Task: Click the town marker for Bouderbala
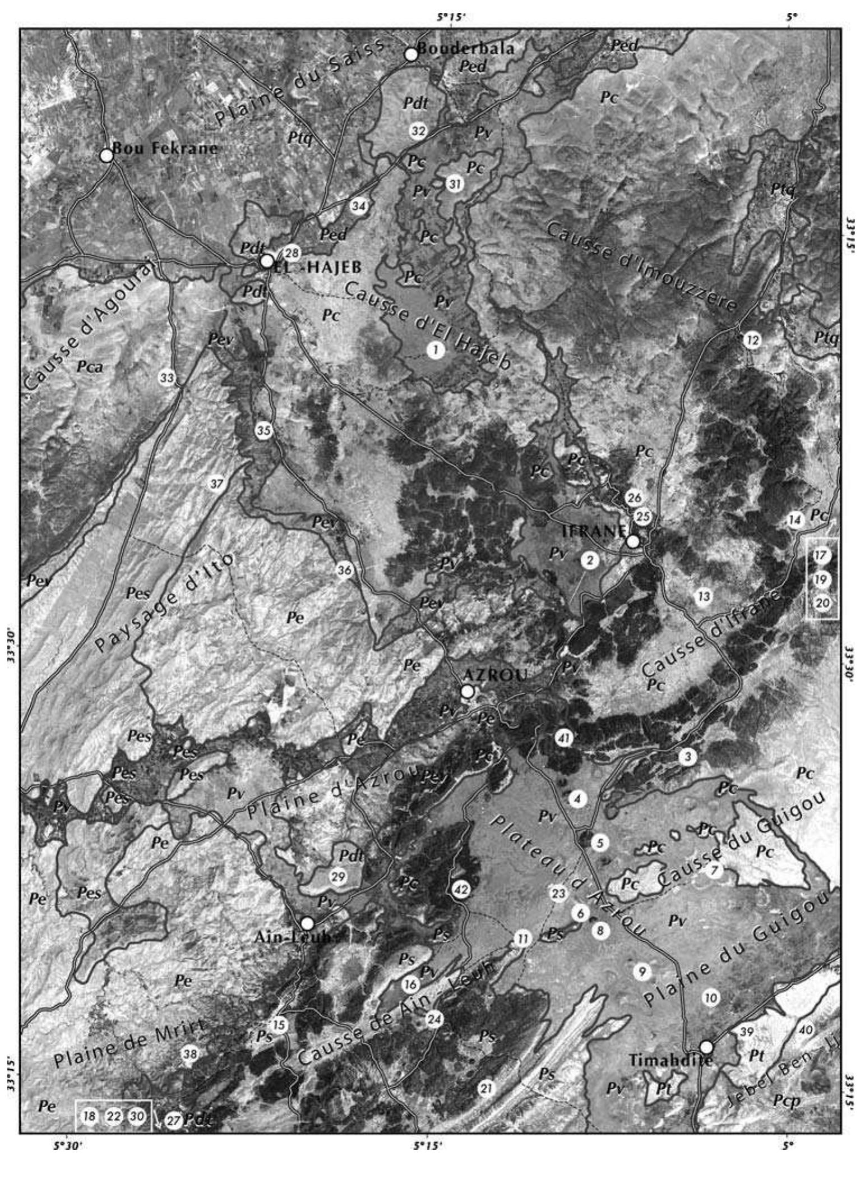(x=411, y=54)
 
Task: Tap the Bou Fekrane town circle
(x=106, y=155)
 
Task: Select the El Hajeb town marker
(x=267, y=261)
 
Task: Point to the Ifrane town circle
(x=632, y=541)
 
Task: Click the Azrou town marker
(x=467, y=692)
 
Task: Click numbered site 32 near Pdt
(x=418, y=131)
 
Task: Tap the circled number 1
(x=435, y=350)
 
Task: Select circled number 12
(x=752, y=339)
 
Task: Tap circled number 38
(x=190, y=1054)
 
